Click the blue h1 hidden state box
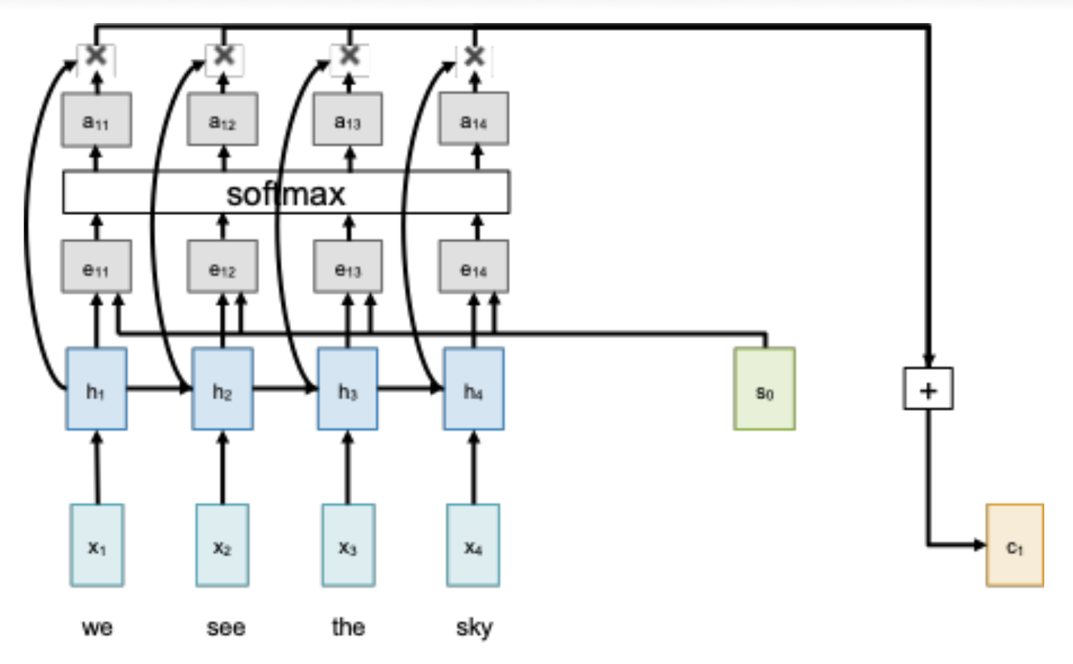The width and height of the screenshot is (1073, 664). point(96,389)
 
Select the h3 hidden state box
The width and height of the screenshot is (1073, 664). point(348,389)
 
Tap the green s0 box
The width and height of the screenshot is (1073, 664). point(765,389)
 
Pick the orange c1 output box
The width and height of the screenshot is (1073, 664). point(1014,546)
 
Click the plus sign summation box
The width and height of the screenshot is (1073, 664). point(928,389)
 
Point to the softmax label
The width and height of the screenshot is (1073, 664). point(285,194)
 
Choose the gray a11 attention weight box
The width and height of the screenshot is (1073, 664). point(96,120)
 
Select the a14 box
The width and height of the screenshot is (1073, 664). point(473,120)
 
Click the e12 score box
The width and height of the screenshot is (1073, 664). point(222,267)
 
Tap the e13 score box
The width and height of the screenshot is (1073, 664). point(348,267)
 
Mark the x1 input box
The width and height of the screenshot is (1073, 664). point(97,546)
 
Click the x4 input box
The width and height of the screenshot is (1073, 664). point(473,546)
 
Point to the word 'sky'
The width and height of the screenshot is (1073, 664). point(474,627)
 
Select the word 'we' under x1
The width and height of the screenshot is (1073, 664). point(97,628)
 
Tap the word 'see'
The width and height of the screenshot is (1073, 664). point(226,628)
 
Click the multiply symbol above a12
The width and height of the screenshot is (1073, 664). point(224,56)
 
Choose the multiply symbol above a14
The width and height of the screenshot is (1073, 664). point(474,56)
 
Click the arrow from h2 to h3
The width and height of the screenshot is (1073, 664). point(285,389)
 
